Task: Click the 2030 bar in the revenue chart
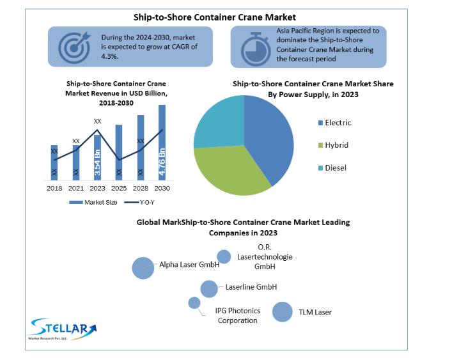click(162, 143)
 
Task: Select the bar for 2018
click(54, 162)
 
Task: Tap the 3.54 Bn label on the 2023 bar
click(97, 162)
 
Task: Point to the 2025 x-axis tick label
click(119, 188)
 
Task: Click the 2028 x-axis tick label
click(141, 188)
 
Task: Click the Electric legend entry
click(334, 123)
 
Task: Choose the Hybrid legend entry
click(333, 145)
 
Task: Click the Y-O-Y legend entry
click(139, 203)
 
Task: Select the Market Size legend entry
click(93, 203)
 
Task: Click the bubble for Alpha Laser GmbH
click(143, 268)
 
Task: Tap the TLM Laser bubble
click(283, 311)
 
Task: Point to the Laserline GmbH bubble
click(209, 289)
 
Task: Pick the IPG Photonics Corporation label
click(238, 315)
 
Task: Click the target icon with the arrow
click(75, 47)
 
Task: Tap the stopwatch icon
click(256, 49)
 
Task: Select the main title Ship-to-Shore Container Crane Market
click(214, 17)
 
